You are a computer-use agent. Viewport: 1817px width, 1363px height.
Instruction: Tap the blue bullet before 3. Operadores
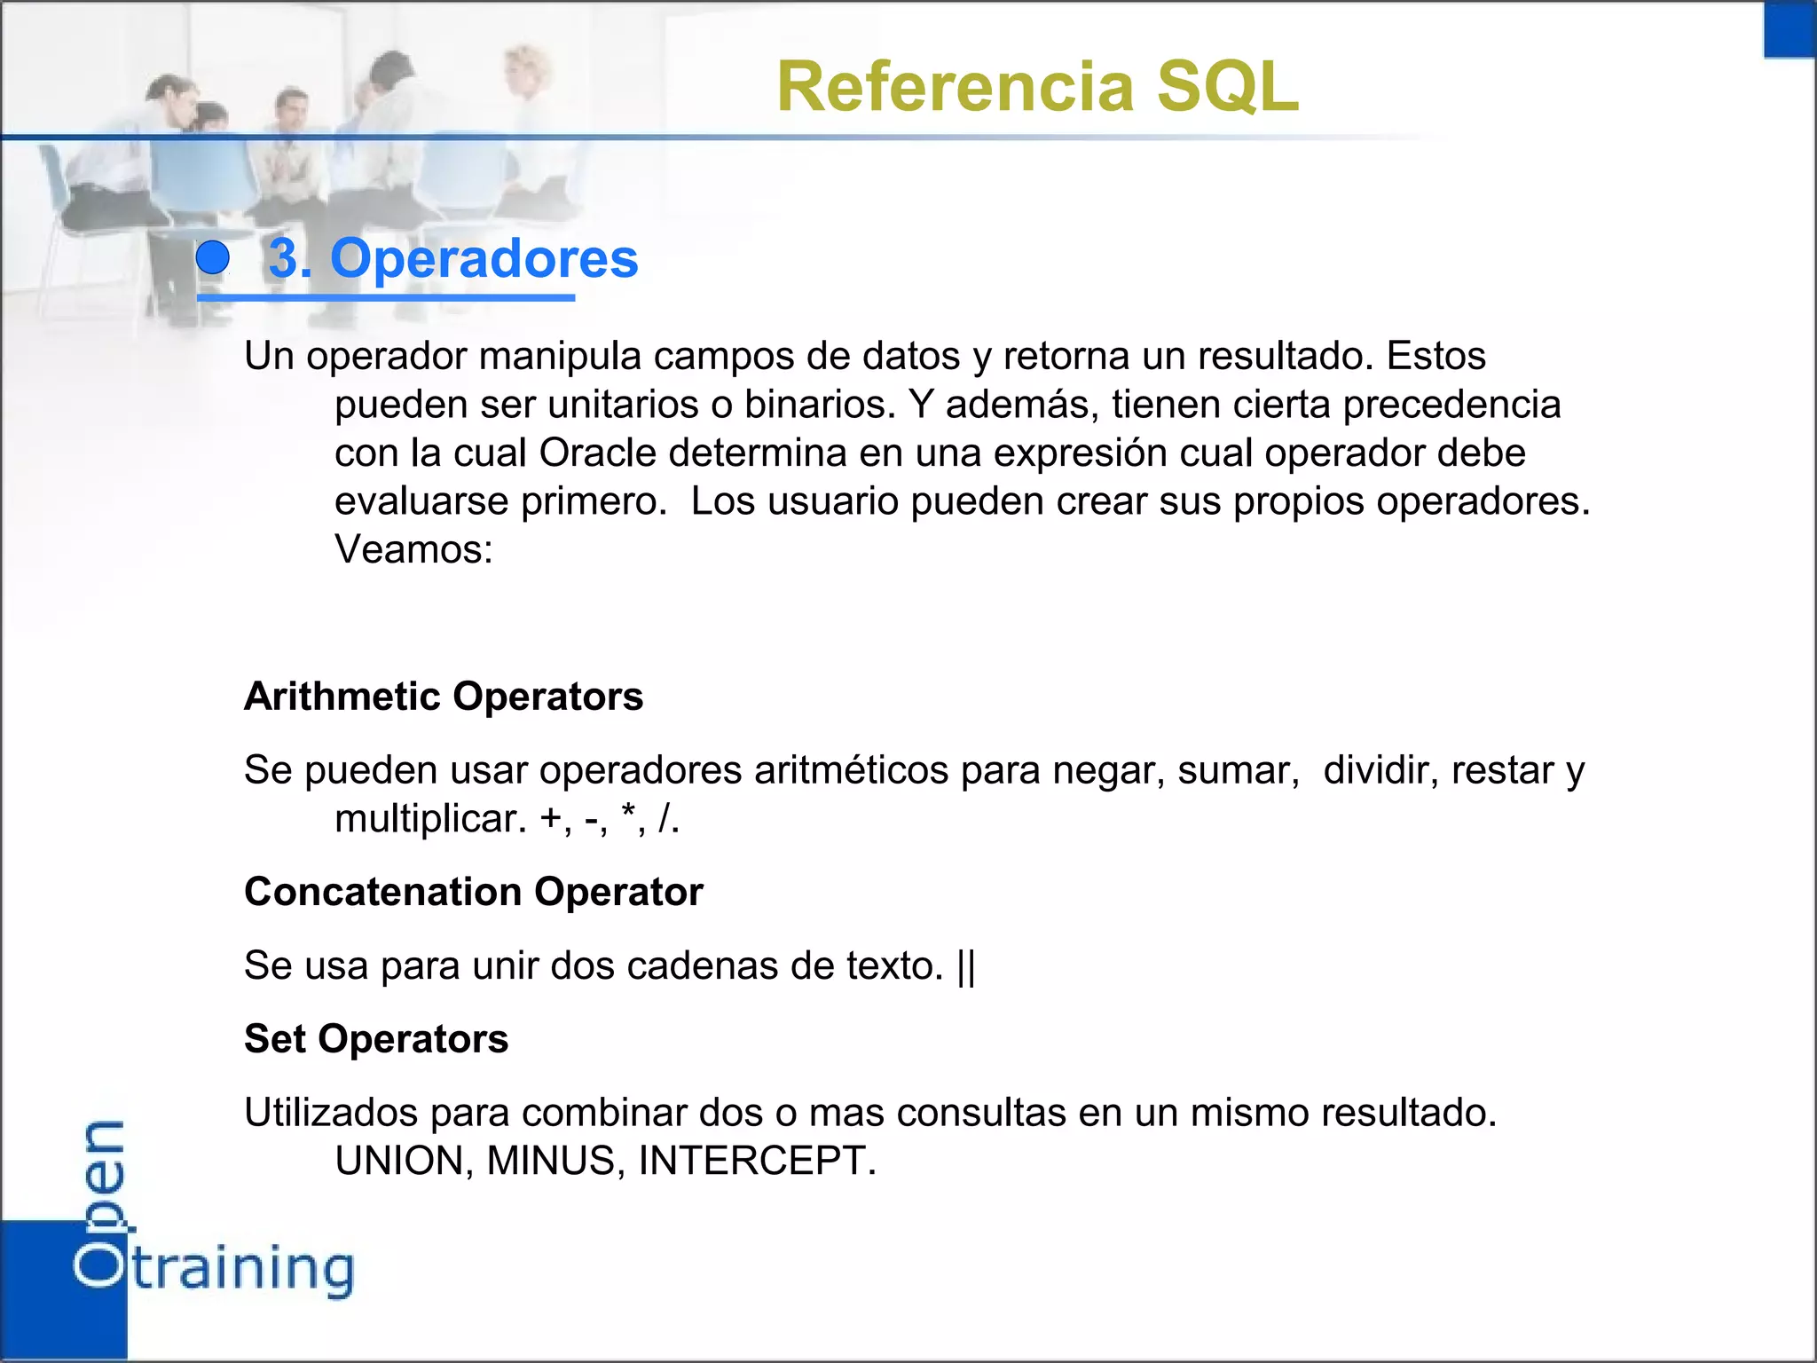point(213,258)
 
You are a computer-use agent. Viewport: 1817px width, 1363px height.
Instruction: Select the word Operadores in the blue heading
point(484,258)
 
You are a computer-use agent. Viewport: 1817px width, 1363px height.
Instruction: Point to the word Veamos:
point(413,549)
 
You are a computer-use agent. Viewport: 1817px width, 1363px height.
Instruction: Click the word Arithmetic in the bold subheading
point(342,697)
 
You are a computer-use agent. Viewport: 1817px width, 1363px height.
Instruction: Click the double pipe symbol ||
point(966,965)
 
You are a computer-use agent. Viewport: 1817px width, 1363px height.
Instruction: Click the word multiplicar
point(430,819)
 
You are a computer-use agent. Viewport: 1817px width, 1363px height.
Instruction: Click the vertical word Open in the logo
point(99,1202)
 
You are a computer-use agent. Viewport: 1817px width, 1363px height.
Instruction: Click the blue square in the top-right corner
point(1789,29)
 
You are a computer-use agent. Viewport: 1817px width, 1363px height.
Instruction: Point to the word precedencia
point(1451,405)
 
